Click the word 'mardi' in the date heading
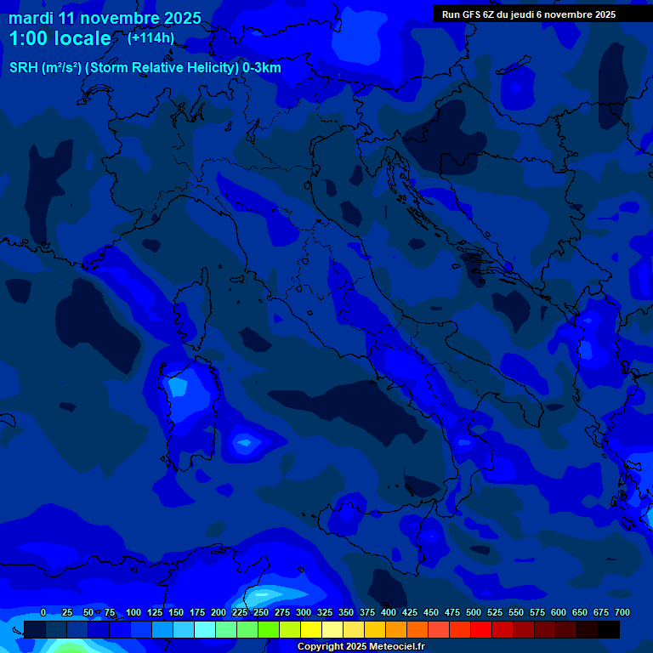31,18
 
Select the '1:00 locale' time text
60,39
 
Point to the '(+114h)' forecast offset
150,38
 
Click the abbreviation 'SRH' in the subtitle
24,68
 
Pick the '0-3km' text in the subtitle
261,68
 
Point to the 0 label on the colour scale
43,612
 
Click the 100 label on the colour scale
133,612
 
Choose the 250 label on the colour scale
261,612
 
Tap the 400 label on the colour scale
389,612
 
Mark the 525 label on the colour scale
495,612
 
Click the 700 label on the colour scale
622,612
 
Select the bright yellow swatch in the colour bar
311,630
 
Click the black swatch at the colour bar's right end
609,630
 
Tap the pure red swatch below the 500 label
481,630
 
